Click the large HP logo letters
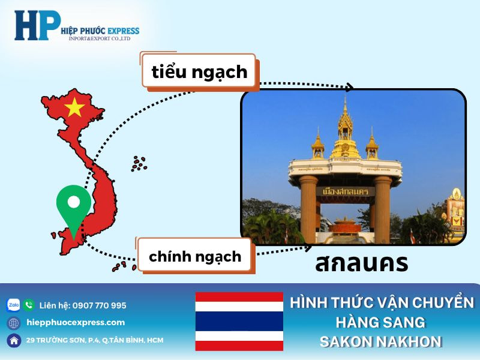tap(37, 26)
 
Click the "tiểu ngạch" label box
tap(199, 72)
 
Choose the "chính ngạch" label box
tap(195, 257)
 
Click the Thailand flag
tap(239, 321)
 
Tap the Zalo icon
tap(13, 305)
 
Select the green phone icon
tap(29, 305)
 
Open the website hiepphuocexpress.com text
tap(76, 322)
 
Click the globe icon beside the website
tap(13, 323)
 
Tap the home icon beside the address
tap(13, 340)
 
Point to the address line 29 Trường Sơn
tap(94, 340)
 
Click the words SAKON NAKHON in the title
tap(381, 341)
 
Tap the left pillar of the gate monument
tap(308, 207)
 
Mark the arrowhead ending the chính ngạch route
tap(308, 246)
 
